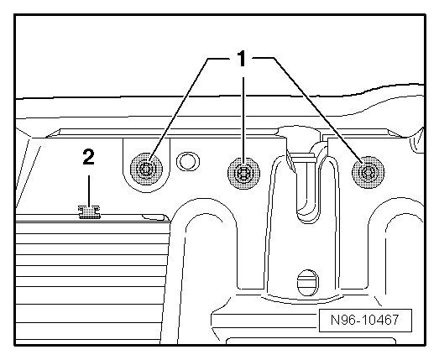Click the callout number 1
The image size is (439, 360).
tap(241, 59)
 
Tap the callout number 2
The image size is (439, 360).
tap(89, 157)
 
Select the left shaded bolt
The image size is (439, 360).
tap(146, 170)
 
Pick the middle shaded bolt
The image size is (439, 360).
tap(243, 173)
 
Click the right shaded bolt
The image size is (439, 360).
tap(368, 172)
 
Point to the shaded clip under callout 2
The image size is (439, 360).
tap(89, 212)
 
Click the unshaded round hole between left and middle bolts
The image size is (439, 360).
tap(188, 161)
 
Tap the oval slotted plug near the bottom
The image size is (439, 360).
tap(308, 283)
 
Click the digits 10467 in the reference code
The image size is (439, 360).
tap(378, 320)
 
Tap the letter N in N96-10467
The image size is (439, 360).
tap(335, 320)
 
